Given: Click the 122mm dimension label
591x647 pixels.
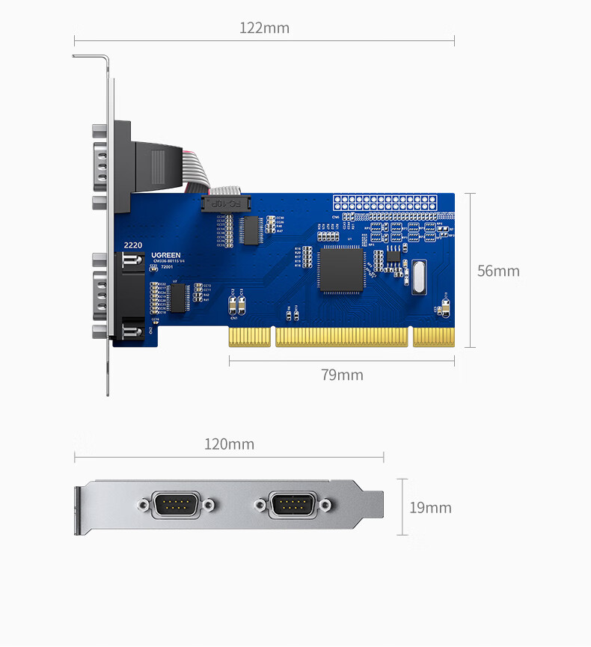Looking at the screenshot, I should tap(264, 28).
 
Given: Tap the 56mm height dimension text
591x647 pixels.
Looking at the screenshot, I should tap(498, 271).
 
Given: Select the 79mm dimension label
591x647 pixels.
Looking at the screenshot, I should tap(342, 375).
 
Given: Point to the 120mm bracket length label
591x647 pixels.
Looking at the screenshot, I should tap(229, 444).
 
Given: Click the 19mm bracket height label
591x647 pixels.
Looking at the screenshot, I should tap(430, 508).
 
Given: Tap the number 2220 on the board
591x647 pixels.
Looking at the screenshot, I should tap(132, 245).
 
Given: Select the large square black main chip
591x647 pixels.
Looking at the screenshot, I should tap(341, 270).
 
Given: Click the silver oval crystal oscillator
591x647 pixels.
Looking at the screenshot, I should tap(417, 275).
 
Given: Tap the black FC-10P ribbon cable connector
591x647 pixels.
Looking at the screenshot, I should tap(225, 203).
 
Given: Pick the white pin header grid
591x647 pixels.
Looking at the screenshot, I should tap(385, 202).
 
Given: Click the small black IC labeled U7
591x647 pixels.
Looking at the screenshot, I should tap(178, 297).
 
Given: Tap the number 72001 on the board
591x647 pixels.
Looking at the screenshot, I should tap(167, 267).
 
